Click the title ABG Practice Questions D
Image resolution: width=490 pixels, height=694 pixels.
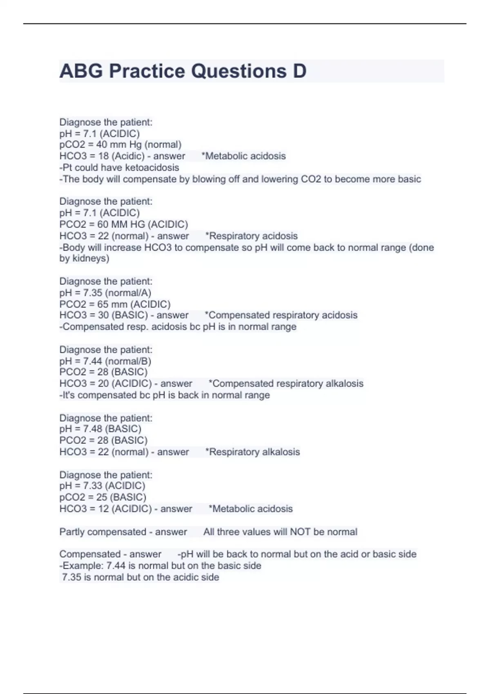click(183, 71)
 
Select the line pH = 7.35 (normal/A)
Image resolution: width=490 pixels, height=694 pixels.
click(105, 293)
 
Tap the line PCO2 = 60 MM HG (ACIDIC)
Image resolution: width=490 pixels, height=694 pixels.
click(124, 224)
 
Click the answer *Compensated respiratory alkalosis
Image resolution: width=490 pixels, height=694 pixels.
click(286, 384)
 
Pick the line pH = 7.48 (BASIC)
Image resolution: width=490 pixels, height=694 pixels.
click(100, 429)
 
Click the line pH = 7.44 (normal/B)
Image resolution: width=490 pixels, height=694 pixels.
click(105, 361)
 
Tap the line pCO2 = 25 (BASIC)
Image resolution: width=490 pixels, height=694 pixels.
click(103, 497)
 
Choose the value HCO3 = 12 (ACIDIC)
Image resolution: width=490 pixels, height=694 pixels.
click(105, 509)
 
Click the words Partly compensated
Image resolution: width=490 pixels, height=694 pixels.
click(102, 532)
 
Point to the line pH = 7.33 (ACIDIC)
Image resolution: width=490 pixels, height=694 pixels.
click(102, 486)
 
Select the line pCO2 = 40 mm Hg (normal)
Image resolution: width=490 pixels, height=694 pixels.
click(120, 145)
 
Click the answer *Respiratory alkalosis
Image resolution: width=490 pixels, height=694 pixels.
click(252, 452)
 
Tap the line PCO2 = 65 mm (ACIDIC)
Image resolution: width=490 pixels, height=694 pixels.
click(115, 304)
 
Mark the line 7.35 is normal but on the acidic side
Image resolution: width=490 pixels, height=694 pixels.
click(140, 577)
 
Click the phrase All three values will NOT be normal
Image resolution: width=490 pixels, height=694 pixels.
click(280, 532)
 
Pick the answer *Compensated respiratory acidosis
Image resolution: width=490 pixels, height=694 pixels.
click(281, 315)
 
